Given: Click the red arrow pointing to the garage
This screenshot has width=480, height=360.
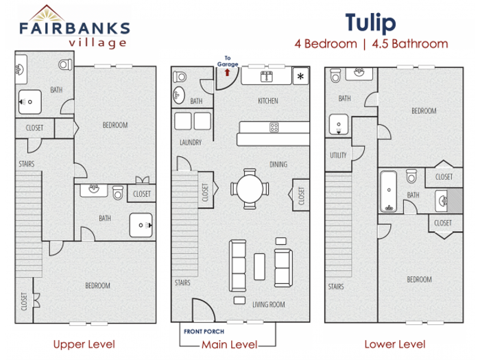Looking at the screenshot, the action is pos(227,73).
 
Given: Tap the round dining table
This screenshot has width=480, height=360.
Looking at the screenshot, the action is pos(250,189).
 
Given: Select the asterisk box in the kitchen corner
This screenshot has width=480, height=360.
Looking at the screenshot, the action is pos(300,76).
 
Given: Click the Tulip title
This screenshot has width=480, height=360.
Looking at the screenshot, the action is pos(371,23).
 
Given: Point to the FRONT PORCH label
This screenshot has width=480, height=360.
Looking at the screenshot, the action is pos(204,331).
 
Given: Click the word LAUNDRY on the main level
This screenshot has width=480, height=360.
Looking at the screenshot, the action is pos(191,143).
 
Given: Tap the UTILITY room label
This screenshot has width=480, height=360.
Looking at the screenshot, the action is pos(338,155).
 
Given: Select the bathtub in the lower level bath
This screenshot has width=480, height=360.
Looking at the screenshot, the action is pos(389,191).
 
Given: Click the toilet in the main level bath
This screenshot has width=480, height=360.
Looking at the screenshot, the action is pos(180,77).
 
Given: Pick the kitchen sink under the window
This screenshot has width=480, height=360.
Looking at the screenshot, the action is pos(266,76).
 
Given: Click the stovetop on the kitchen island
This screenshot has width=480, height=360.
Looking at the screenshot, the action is pos(274,127).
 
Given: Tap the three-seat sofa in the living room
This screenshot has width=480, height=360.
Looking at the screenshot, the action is pos(238,265).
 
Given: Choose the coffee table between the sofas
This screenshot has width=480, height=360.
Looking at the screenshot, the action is pos(260,266).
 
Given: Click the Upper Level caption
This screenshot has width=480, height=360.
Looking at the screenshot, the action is pos(84,344).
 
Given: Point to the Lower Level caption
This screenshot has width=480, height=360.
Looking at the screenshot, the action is pos(395,344).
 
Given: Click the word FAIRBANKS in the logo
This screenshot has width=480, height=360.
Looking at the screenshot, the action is pos(75,28).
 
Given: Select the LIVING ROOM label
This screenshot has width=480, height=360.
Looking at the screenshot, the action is pos(269,304).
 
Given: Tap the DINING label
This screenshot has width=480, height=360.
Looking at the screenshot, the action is pos(278,165).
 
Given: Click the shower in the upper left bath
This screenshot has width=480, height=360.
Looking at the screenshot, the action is pos(29,102).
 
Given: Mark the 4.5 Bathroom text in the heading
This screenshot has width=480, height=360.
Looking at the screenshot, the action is pos(410,44).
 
